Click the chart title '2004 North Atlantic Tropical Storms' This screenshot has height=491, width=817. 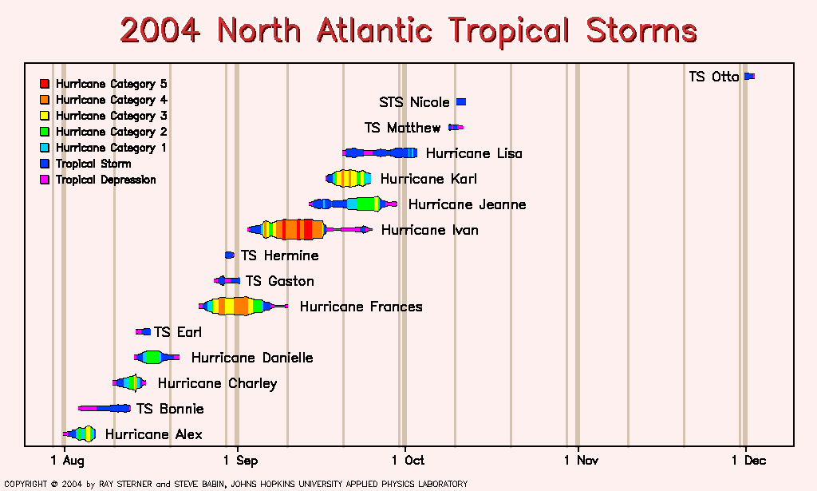(x=408, y=30)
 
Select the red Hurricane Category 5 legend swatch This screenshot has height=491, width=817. (x=45, y=83)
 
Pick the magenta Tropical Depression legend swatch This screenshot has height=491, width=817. (x=45, y=180)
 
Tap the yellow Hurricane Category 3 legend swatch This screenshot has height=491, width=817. (x=45, y=116)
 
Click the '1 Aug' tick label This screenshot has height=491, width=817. (x=67, y=460)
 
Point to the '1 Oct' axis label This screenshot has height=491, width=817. (x=408, y=460)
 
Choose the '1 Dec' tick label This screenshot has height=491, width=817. (x=748, y=460)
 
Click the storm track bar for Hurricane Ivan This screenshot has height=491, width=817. (x=310, y=229)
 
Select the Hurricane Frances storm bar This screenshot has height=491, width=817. (x=243, y=306)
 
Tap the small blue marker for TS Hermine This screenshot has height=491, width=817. (x=230, y=255)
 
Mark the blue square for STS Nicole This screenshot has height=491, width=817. (x=461, y=101)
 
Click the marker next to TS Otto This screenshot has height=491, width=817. (x=750, y=76)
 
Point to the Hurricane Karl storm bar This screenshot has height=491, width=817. (x=349, y=178)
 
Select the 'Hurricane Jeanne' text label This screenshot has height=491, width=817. (x=467, y=204)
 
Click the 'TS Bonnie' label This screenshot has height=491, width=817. (x=170, y=409)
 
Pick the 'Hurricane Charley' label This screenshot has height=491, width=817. (x=217, y=384)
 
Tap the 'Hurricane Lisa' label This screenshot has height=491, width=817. (x=474, y=153)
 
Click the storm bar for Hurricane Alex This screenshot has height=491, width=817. (x=79, y=434)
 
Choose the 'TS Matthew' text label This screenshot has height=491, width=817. (x=402, y=128)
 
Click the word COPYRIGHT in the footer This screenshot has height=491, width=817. (x=26, y=484)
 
